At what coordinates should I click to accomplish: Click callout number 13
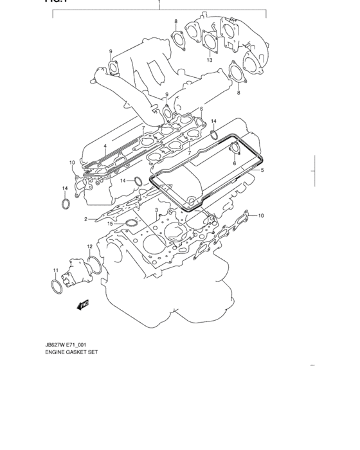coord(210,60)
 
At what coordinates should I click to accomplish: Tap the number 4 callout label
coord(104,146)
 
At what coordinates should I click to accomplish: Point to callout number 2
coord(85,220)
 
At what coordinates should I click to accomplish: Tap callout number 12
coord(90,247)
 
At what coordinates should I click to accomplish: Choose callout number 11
coord(55,270)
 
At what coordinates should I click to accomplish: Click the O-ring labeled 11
coord(55,283)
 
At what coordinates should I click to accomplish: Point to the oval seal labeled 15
coord(131,223)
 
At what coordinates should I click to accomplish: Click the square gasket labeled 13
coord(210,43)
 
